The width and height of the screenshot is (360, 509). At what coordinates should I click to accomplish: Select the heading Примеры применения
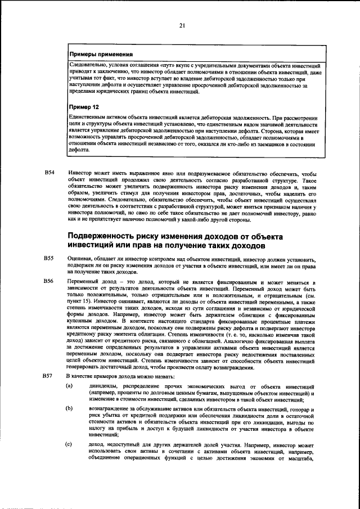tap(101, 55)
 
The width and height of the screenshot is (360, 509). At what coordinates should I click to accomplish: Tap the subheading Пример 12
tap(84, 106)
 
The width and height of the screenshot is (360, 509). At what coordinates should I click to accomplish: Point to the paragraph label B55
tap(49, 258)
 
